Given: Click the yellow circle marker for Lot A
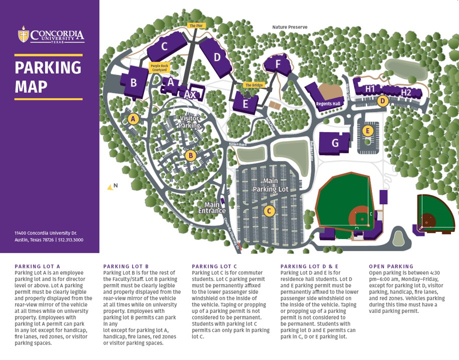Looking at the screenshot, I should point(133,119).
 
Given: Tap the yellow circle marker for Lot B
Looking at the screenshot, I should point(190,156).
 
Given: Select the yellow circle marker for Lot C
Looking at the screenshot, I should point(269,211).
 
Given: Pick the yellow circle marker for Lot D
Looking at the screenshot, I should point(383,101).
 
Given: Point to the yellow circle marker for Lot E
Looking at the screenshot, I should point(368,131).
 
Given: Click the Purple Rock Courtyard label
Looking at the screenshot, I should point(159,68).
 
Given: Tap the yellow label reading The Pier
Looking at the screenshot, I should point(196,26).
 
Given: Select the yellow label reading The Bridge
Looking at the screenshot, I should point(254,86).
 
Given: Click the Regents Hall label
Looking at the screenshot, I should point(328,104).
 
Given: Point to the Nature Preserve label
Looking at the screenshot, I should point(290,27).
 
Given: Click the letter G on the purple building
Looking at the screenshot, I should point(335,143).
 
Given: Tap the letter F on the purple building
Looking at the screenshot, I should point(279,64).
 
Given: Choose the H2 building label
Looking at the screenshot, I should point(406,92).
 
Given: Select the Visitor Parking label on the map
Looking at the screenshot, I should point(190,122).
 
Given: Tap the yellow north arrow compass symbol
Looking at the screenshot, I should point(111,187).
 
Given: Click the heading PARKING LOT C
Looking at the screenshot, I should point(214,266).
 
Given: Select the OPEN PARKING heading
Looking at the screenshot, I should point(391,266).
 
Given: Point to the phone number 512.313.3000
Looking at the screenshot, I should point(71,240).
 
